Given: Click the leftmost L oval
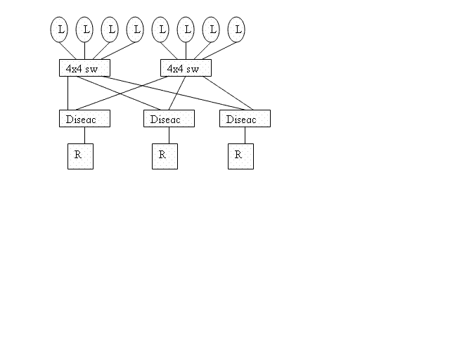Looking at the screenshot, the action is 59,30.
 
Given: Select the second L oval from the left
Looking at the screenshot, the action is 84,30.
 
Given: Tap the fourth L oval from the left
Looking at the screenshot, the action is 135,30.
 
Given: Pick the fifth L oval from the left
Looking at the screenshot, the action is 160,30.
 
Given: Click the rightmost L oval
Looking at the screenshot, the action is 236,30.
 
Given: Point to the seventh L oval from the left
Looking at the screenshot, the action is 211,30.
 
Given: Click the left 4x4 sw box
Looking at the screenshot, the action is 84,68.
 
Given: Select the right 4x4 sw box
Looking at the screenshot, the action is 186,68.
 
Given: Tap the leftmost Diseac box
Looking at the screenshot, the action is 84,119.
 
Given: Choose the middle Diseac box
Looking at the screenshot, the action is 169,119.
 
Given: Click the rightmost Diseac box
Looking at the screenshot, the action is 245,119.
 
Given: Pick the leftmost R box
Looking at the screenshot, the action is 80,157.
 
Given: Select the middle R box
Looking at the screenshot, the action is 165,157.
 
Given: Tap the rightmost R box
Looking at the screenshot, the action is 240,157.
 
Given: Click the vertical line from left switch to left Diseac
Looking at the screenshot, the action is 67,94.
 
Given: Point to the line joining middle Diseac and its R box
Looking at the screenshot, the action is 169,136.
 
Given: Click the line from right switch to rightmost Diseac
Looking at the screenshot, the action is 228,94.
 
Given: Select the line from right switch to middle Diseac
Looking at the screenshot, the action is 177,94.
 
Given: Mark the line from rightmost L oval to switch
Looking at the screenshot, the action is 219,51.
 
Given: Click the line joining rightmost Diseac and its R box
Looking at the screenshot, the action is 245,136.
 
